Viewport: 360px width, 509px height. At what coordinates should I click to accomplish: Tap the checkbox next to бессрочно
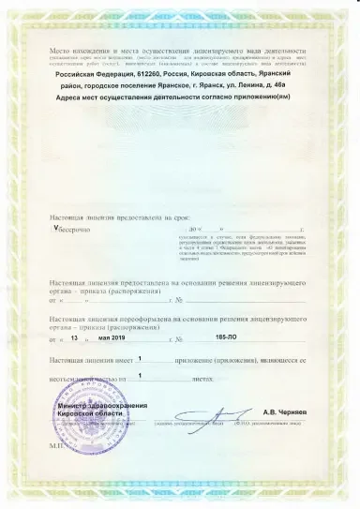point(56,228)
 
